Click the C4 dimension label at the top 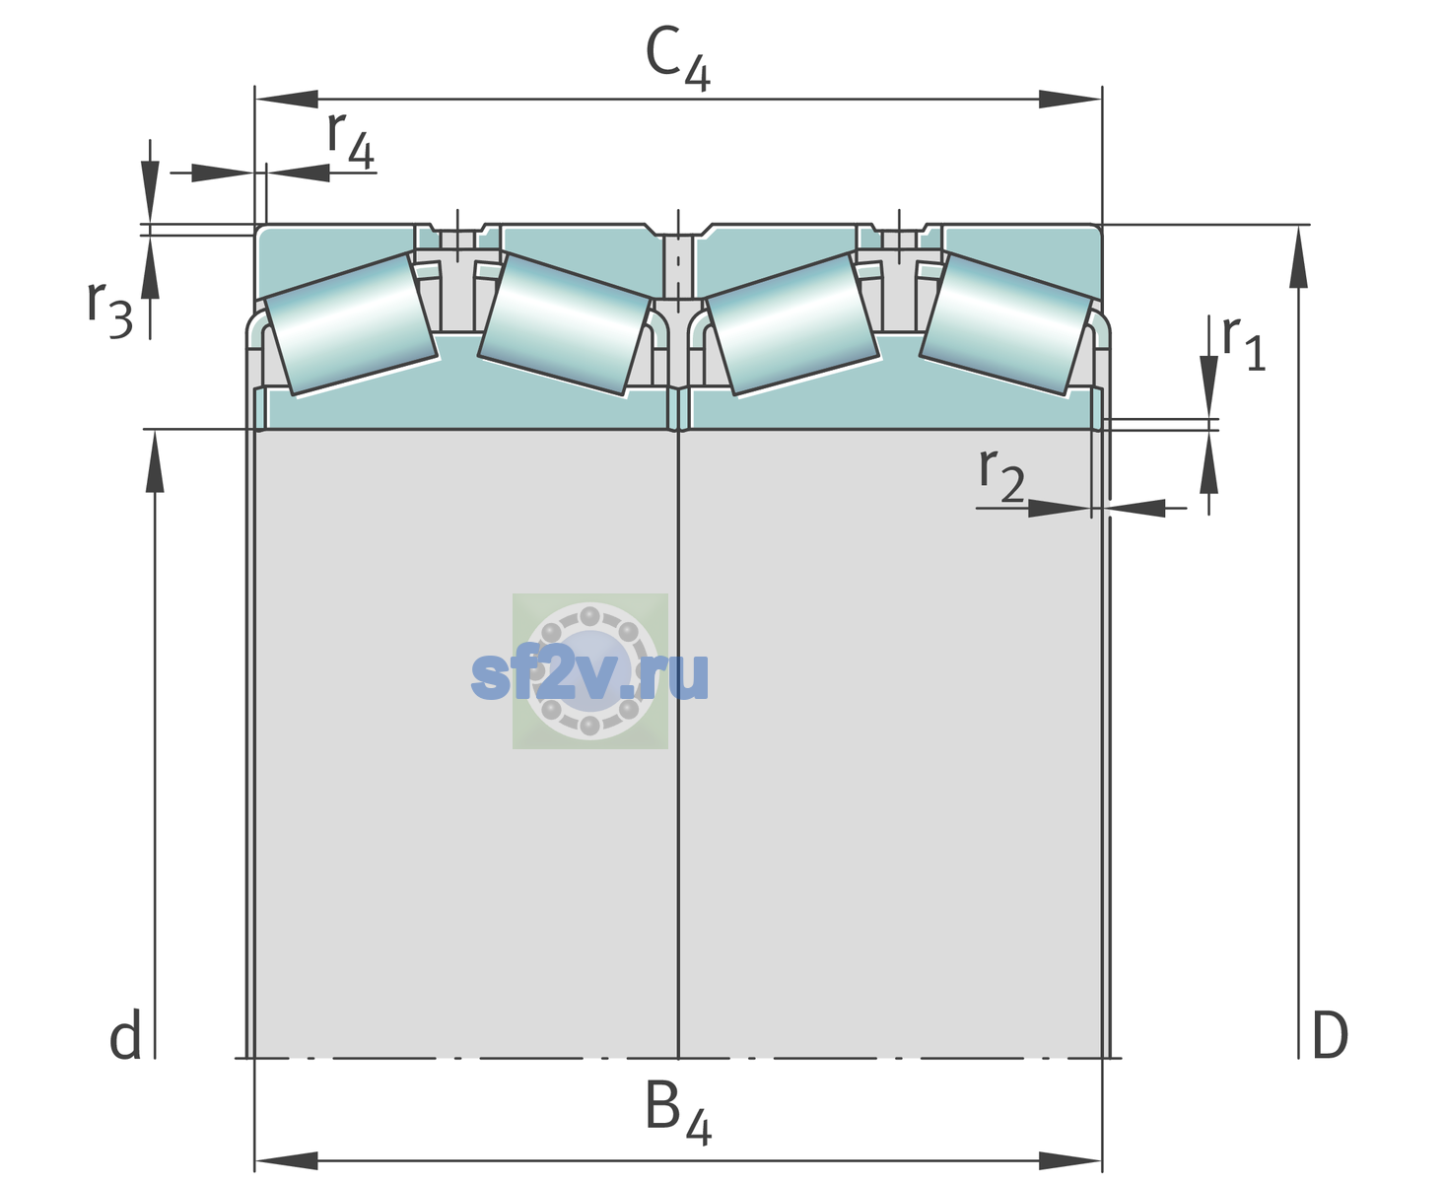tap(677, 57)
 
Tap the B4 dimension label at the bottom tap(678, 1118)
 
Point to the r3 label tap(109, 310)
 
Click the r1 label tap(1244, 342)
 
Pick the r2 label tap(1001, 474)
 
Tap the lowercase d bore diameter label tap(125, 1035)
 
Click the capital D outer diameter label tap(1330, 1035)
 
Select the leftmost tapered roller tap(351, 324)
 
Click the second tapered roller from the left tap(564, 324)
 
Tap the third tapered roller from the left tap(792, 324)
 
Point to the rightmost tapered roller tap(1005, 324)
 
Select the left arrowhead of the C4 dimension tap(287, 99)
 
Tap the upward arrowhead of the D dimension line tap(1298, 256)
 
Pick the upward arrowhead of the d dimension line tap(155, 460)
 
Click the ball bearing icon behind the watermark tap(589, 670)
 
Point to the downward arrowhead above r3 tap(150, 192)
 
